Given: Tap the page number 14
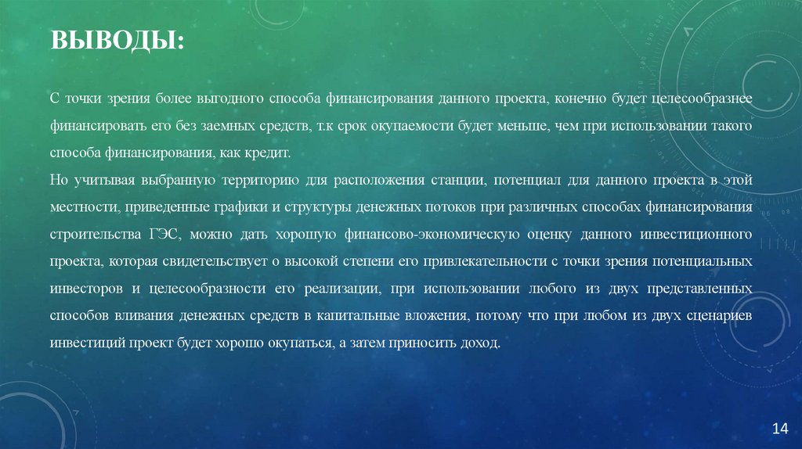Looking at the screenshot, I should click(x=779, y=428).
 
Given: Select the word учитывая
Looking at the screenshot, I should click(x=106, y=181).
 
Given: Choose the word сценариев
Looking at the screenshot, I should click(x=716, y=316).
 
